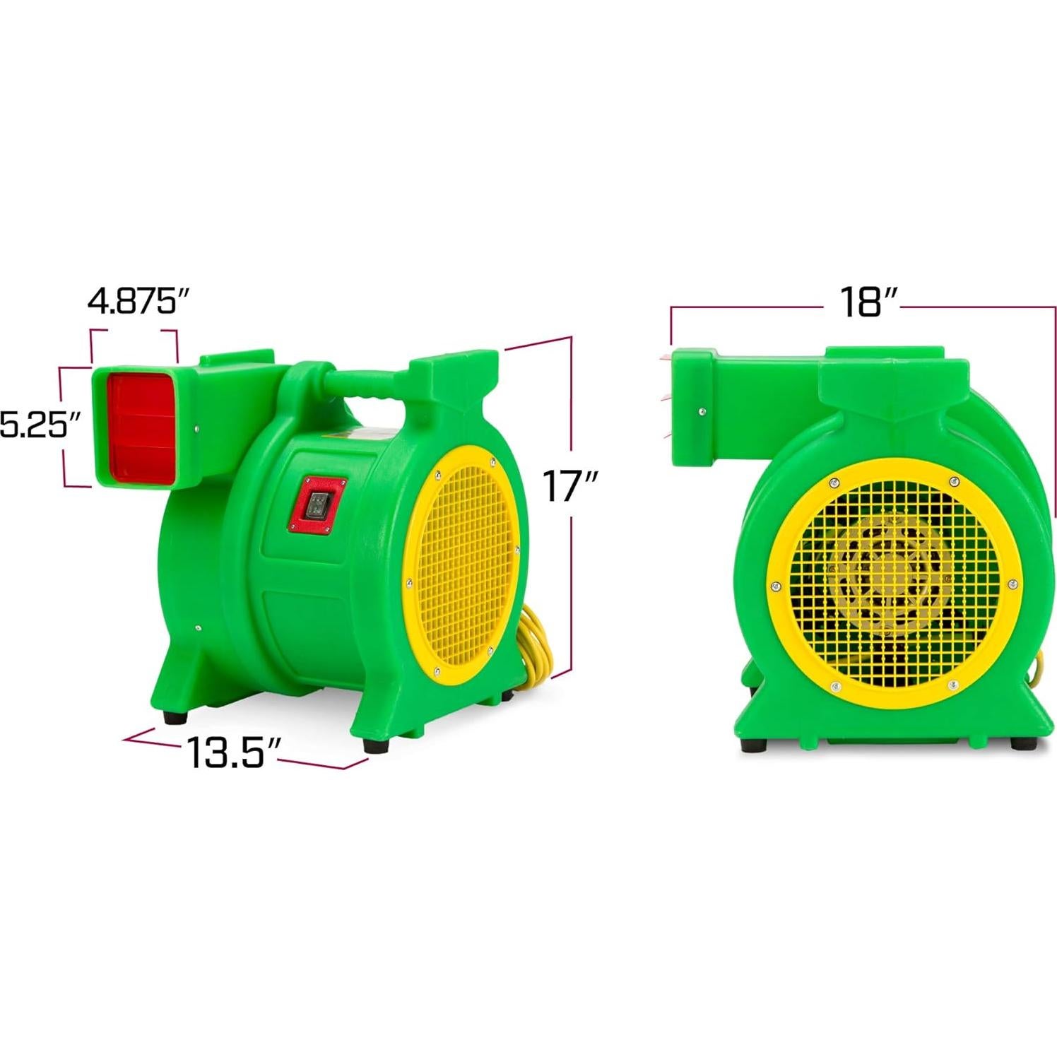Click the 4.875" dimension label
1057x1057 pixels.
click(x=138, y=302)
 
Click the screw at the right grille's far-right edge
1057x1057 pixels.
click(x=1012, y=584)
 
